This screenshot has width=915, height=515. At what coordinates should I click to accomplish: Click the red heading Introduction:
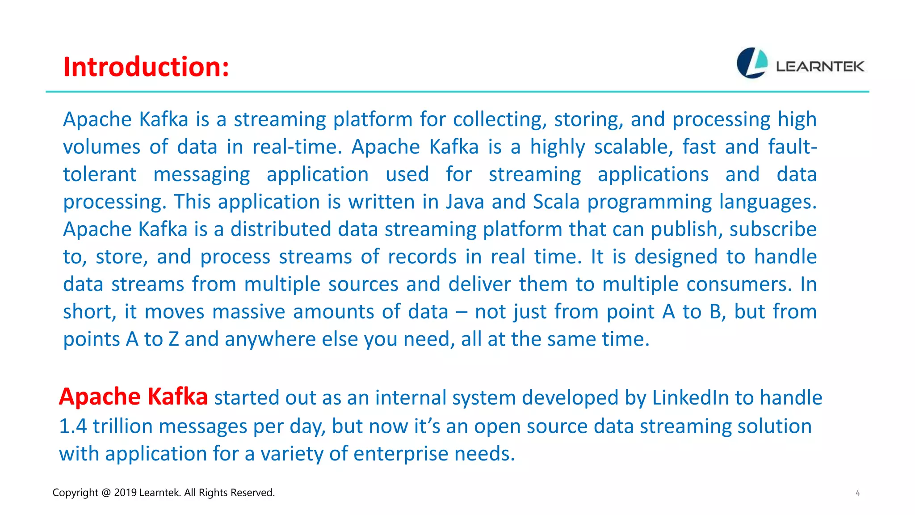click(146, 67)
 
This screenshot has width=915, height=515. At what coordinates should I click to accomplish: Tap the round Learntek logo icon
click(752, 63)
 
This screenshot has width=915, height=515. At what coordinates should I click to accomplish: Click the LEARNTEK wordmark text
click(820, 67)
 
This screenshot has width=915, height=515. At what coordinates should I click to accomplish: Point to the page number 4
click(857, 493)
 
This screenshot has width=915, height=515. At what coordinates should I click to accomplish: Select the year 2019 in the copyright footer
click(125, 493)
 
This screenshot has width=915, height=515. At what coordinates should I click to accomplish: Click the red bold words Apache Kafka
click(133, 397)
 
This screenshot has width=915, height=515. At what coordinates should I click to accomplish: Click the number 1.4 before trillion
click(73, 426)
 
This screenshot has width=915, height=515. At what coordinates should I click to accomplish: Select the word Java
click(465, 202)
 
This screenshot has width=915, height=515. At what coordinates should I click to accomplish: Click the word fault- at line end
click(792, 147)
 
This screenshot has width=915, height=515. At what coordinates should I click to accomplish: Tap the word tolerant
click(99, 174)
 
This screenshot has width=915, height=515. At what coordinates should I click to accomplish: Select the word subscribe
click(773, 229)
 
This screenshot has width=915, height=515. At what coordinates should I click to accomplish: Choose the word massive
click(248, 312)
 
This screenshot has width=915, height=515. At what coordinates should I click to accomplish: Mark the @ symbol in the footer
click(106, 493)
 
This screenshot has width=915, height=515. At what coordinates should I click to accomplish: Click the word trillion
click(122, 426)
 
